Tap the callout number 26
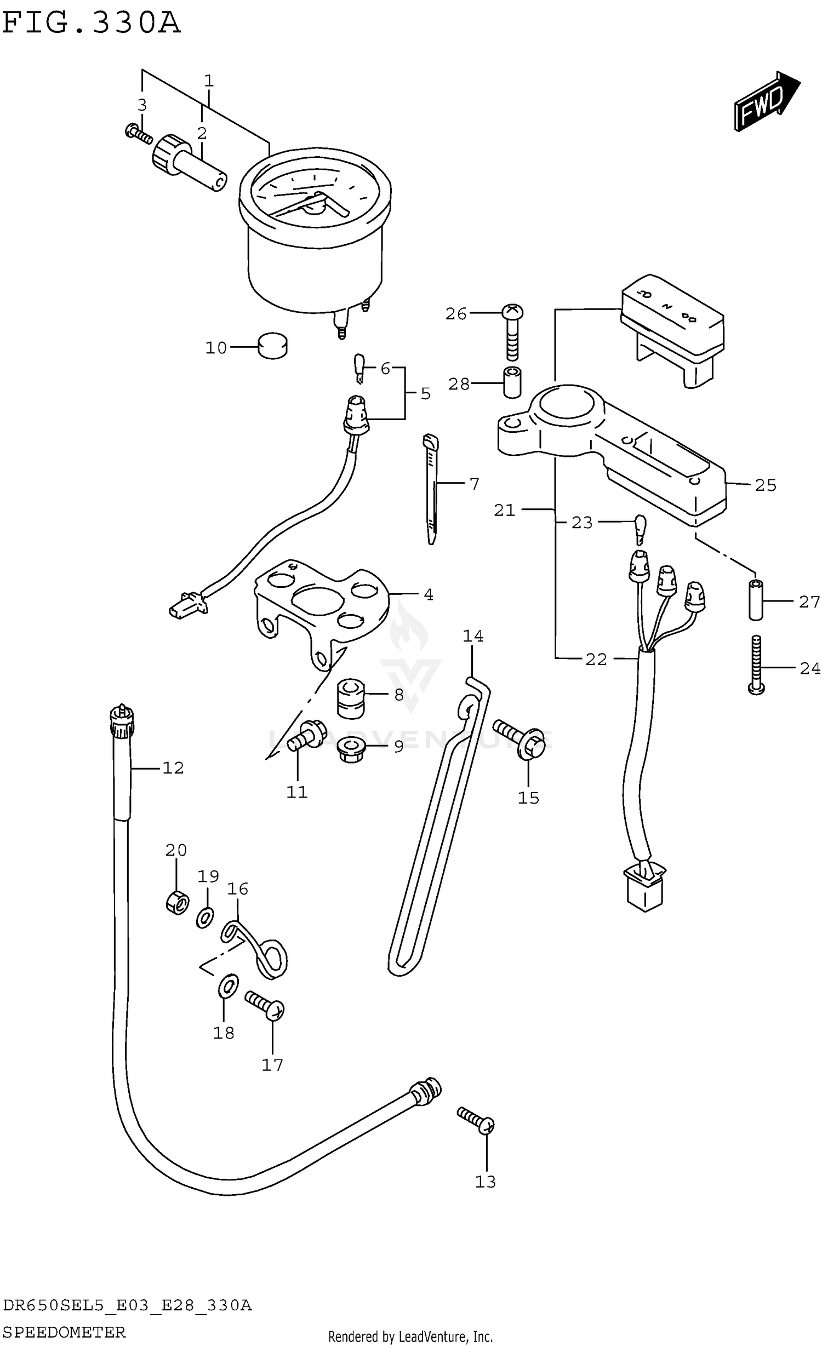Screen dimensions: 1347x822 [455, 314]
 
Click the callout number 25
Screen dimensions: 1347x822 [765, 485]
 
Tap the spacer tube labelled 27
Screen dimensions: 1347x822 [756, 600]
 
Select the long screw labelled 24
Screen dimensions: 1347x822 [756, 666]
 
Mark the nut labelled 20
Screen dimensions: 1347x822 [178, 902]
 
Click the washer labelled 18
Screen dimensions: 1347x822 [229, 986]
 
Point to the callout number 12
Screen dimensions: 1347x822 [173, 767]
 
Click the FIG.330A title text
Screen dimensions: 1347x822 [92, 23]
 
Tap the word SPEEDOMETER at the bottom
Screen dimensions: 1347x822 [64, 1332]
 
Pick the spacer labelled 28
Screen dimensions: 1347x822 [512, 382]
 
